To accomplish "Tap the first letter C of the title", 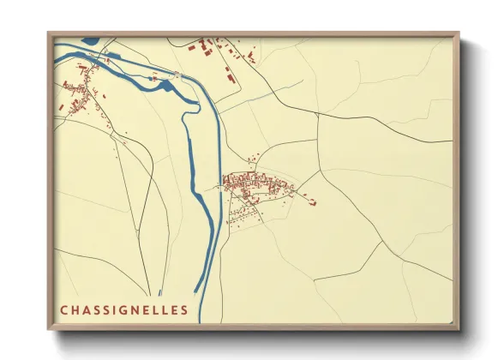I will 63,309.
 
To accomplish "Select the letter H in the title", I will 75,309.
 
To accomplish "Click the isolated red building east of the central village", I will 312,202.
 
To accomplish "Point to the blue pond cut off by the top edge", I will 89,39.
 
